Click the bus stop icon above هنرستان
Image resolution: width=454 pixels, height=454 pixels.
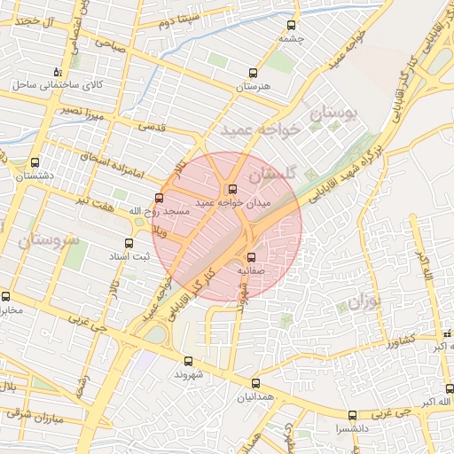[x=253, y=74]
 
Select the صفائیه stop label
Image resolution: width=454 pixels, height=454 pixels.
[x=252, y=270]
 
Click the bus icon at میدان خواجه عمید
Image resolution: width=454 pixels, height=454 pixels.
[x=232, y=188]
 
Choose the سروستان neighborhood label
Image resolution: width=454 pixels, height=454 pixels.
[x=48, y=240]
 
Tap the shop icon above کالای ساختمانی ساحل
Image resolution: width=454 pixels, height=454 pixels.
[x=58, y=72]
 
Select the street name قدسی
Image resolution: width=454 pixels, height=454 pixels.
[x=153, y=126]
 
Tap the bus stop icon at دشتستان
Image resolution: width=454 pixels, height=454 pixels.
[x=35, y=163]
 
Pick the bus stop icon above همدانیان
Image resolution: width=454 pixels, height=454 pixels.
[x=255, y=383]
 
